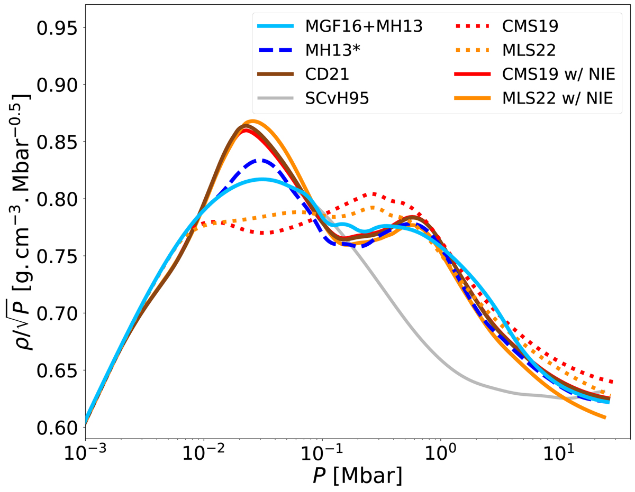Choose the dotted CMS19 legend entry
(529, 26)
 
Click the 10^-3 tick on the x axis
(85, 452)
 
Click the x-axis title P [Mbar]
(357, 477)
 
